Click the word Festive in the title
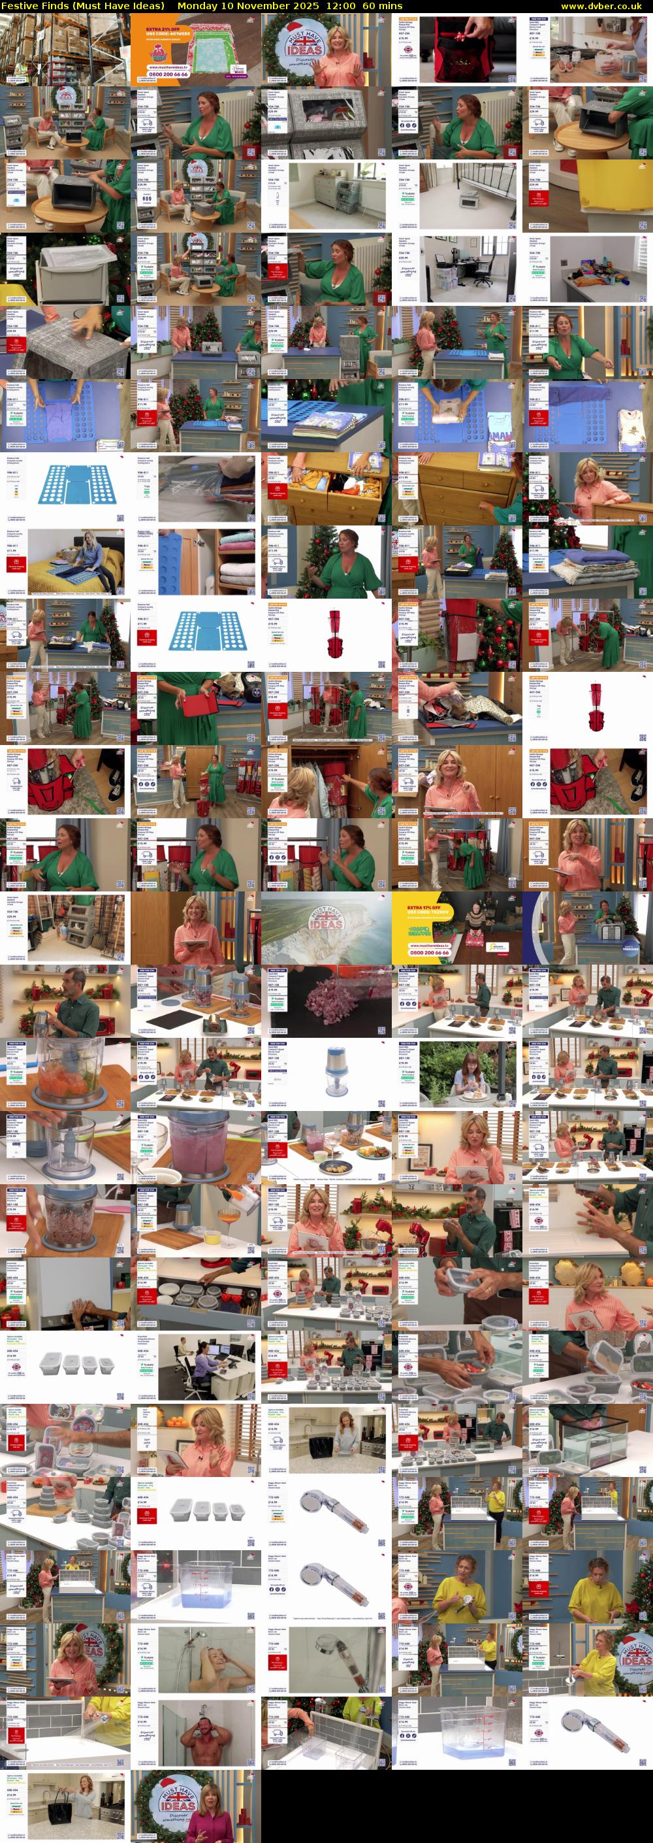click(x=20, y=6)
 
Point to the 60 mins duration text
click(x=383, y=6)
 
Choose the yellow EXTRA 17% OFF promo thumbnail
click(x=456, y=928)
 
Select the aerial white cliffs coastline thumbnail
click(x=326, y=928)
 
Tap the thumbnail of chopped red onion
click(x=326, y=1001)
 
